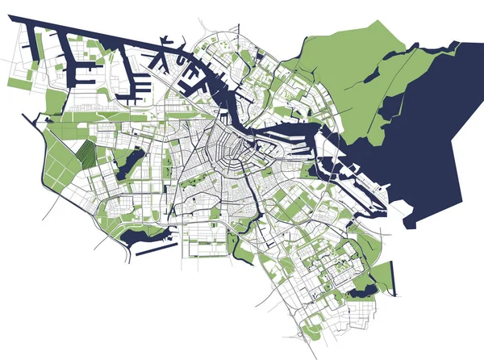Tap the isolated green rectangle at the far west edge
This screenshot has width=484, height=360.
pyautogui.click(x=19, y=82)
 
